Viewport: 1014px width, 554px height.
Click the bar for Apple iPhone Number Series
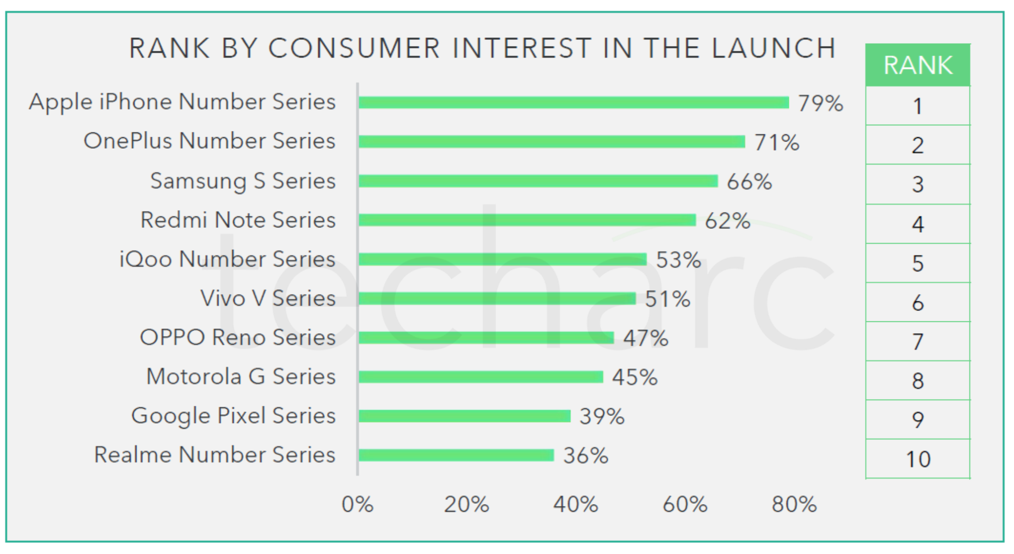573,102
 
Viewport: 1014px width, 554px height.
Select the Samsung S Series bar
538,181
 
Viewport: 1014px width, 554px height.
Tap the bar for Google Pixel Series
464,416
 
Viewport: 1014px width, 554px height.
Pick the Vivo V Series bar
496,298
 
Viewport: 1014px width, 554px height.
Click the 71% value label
777,142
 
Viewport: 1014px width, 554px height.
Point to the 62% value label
727,221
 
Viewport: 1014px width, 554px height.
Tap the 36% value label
586,456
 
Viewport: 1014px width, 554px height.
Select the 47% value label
645,338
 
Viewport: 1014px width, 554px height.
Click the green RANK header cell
918,65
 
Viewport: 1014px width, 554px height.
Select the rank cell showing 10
918,459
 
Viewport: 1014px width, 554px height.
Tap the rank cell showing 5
918,263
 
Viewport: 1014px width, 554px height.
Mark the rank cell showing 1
918,106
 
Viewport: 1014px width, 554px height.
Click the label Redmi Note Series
238,220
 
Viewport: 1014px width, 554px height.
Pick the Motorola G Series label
241,377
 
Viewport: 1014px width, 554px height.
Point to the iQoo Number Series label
227,259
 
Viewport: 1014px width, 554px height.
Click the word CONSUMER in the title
354,48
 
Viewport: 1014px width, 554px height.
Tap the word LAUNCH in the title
774,48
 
